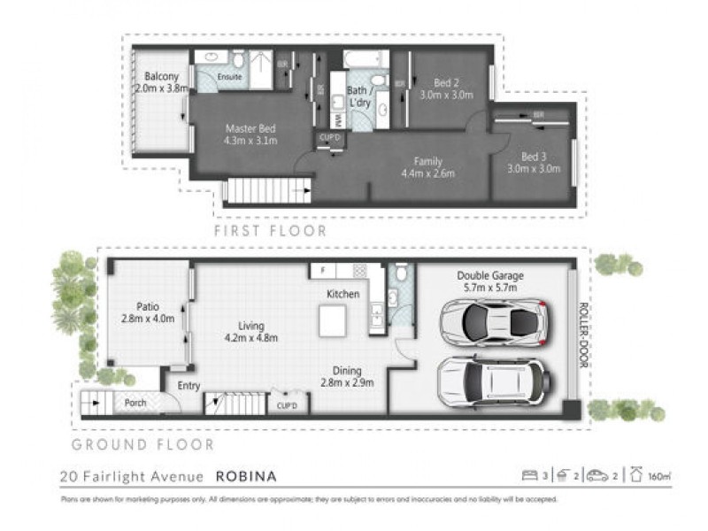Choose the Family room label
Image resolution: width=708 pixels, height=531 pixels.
click(427, 161)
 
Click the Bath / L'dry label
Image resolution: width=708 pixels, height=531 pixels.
click(358, 96)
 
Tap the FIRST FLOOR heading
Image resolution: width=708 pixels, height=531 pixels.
click(271, 230)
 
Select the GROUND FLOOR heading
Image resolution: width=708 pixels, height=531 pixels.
click(142, 444)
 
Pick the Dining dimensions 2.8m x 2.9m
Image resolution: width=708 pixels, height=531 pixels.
click(347, 383)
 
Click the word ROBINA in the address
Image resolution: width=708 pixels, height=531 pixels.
click(247, 476)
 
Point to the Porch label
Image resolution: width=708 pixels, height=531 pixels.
click(135, 403)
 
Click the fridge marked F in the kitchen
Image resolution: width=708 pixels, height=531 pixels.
click(323, 270)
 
